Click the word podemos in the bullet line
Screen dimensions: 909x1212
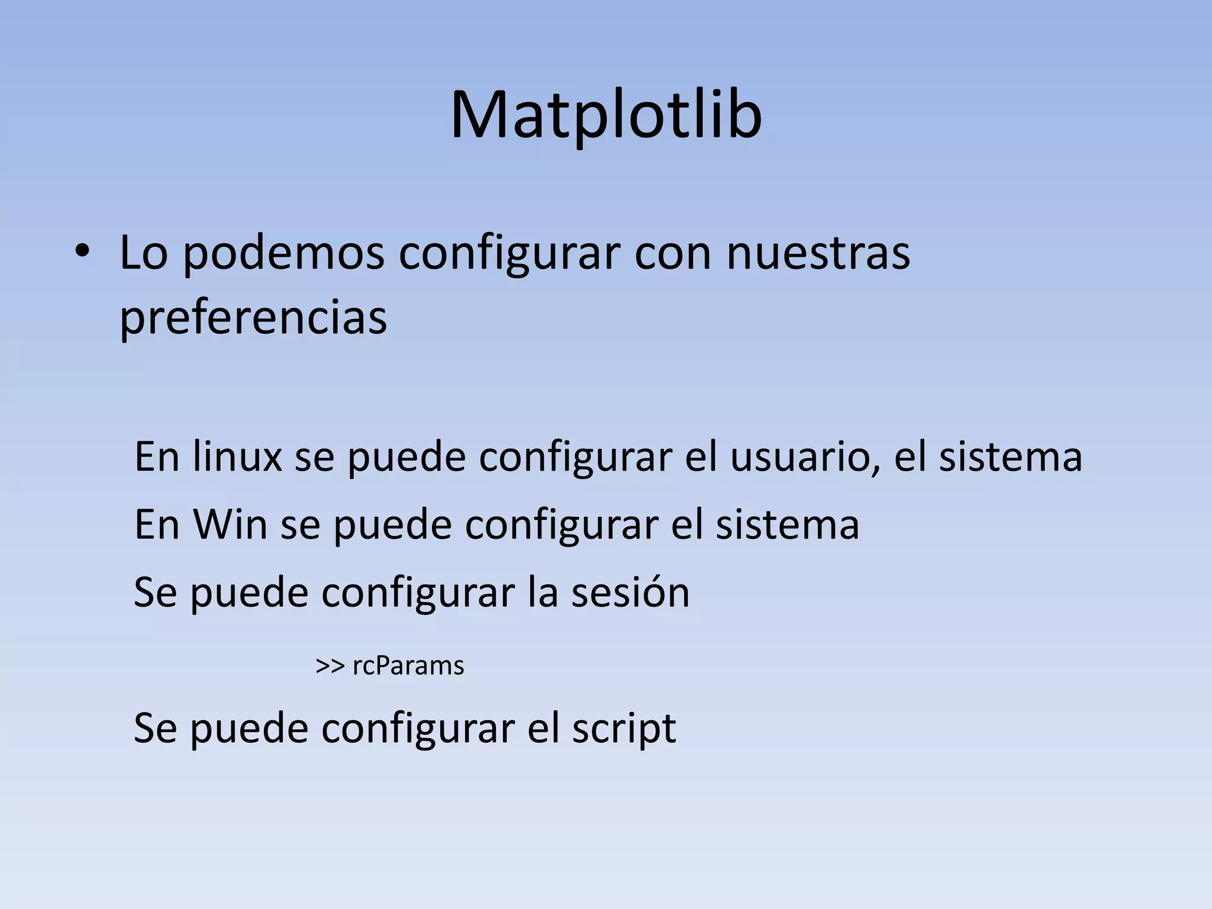click(x=283, y=254)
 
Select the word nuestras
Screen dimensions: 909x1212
click(x=818, y=253)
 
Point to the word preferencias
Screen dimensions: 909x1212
click(x=253, y=318)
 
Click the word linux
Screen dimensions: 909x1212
click(x=237, y=456)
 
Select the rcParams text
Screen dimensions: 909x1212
click(x=408, y=666)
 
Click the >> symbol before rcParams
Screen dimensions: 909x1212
click(x=330, y=666)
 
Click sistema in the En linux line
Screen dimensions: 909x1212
click(x=1010, y=456)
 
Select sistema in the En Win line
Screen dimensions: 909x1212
click(x=787, y=524)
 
